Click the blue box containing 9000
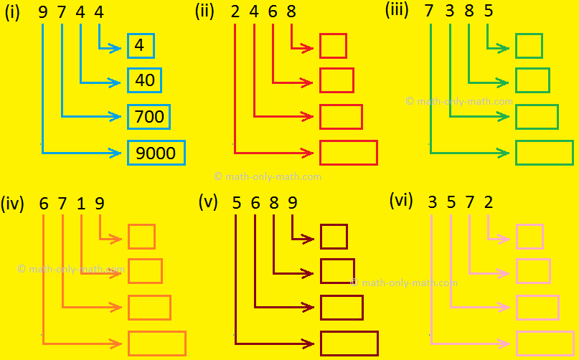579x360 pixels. tap(156, 153)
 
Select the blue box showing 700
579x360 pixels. tap(149, 116)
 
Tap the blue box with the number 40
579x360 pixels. tap(145, 80)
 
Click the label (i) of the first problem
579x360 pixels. tap(12, 14)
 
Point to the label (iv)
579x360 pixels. tap(12, 204)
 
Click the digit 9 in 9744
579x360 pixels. tap(43, 14)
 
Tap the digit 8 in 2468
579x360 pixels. tap(291, 14)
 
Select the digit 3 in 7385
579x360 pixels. tap(449, 14)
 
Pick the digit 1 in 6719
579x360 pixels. tap(81, 204)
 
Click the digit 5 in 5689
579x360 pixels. tap(236, 204)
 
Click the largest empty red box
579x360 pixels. tap(348, 153)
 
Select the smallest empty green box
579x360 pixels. tap(529, 46)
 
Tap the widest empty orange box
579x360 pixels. tap(156, 344)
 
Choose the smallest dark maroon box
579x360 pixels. tap(334, 237)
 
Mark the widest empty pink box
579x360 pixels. tap(545, 344)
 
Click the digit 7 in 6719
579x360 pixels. tap(62, 204)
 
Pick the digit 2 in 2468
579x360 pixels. tap(235, 14)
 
